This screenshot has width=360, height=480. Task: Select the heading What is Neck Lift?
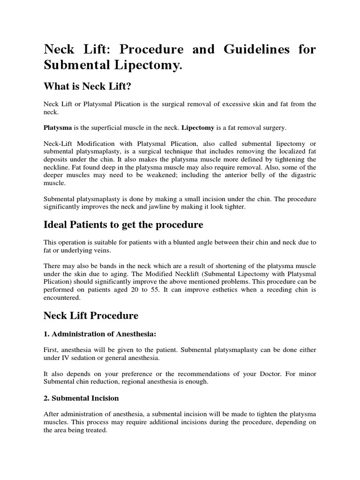click(86, 86)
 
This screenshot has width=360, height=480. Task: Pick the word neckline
click(58, 167)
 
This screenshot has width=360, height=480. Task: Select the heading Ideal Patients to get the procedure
click(123, 225)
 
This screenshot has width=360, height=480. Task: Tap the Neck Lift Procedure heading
click(91, 315)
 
